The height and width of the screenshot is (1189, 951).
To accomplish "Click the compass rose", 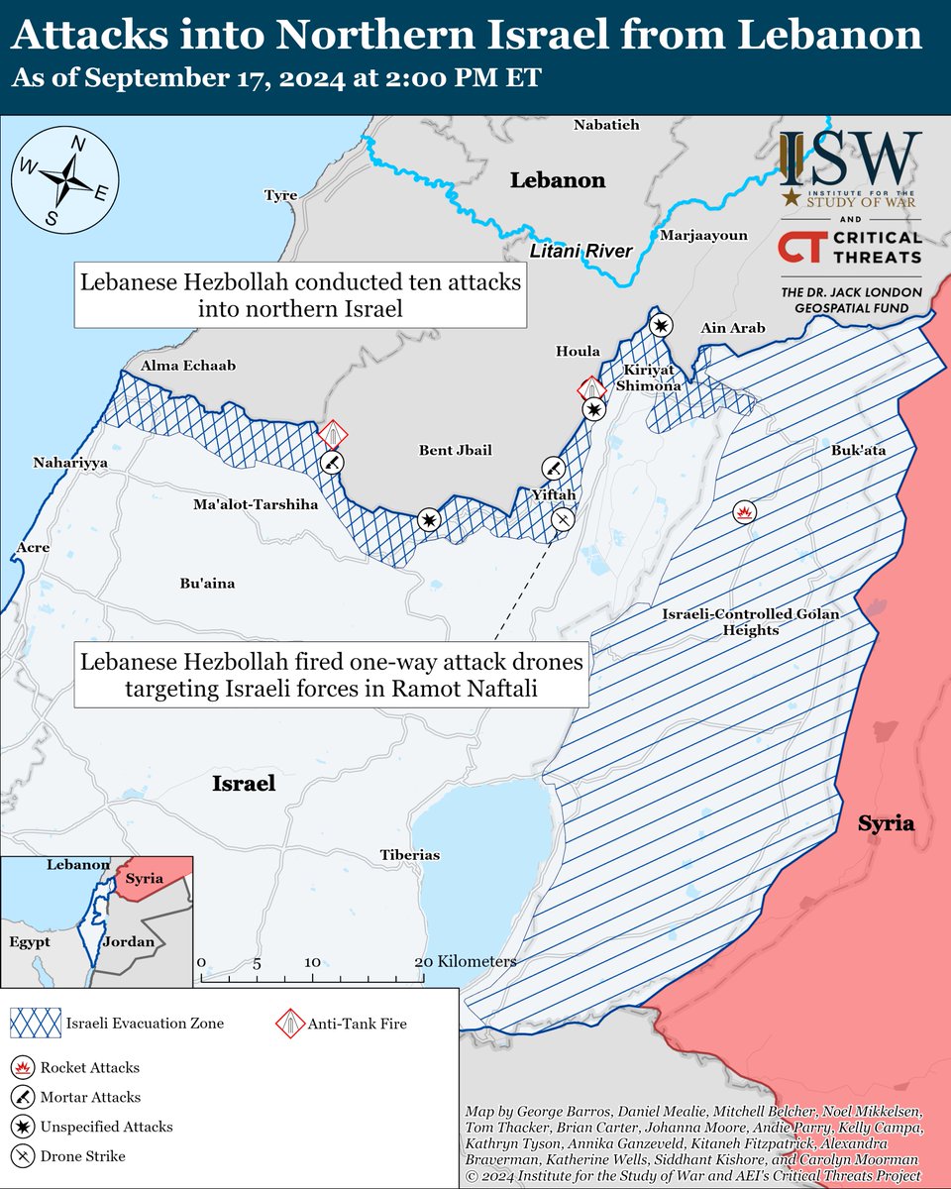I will coord(64,178).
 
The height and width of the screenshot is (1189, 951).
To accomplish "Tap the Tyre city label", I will coord(280,195).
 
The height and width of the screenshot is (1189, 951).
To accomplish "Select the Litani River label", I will coord(581,252).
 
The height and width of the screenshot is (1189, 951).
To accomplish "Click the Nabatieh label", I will coord(607,125).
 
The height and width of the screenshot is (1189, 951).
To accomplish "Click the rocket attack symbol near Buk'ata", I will coord(743,511).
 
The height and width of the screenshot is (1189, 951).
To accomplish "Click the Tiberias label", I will coord(409,855).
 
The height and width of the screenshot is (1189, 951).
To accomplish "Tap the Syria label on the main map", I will coord(886,824).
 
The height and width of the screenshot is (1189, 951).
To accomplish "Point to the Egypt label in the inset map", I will coord(29,942).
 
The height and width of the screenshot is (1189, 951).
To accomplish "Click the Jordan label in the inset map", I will coord(130,941).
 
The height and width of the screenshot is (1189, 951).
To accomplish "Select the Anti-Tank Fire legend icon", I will coord(288,1024).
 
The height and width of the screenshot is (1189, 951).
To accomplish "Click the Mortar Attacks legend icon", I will coord(24,1097).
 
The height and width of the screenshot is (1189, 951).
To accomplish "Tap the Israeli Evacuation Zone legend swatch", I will coord(34,1024).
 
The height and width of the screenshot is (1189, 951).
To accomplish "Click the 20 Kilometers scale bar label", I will coord(467,962).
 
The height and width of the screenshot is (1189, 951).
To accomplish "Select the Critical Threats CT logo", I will coord(799,248).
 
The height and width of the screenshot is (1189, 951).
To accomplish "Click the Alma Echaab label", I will coord(189,366).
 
